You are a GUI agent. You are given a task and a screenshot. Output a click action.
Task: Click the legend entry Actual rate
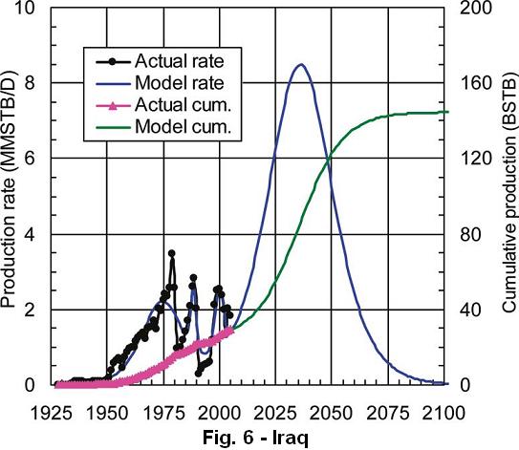[180, 61]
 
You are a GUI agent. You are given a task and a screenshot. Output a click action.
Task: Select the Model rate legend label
[180, 83]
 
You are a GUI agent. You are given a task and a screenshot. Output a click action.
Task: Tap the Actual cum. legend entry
[184, 105]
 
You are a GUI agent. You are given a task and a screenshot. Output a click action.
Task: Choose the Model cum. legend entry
[184, 126]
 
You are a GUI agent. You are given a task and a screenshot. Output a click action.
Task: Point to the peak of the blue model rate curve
[301, 65]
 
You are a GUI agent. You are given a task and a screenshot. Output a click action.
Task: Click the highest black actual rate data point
[171, 253]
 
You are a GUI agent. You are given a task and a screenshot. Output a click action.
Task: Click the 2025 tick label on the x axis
[275, 414]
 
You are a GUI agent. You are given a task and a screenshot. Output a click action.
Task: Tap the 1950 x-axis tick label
[107, 414]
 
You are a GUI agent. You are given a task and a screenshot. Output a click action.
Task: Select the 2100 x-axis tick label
[443, 414]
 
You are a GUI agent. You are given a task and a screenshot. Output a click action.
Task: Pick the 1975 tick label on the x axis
[163, 414]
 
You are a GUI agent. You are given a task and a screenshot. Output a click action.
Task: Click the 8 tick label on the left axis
[31, 83]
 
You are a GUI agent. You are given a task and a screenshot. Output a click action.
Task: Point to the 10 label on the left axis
[25, 8]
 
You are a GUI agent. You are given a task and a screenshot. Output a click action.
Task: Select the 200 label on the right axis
[476, 8]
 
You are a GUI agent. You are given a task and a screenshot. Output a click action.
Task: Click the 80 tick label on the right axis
[470, 234]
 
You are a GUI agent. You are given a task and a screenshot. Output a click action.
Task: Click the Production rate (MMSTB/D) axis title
[9, 189]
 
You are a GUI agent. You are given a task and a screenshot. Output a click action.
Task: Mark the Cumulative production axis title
[510, 191]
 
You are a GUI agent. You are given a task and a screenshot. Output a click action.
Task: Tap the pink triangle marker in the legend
[113, 105]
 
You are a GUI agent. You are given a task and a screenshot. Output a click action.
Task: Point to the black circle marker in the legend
[113, 61]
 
